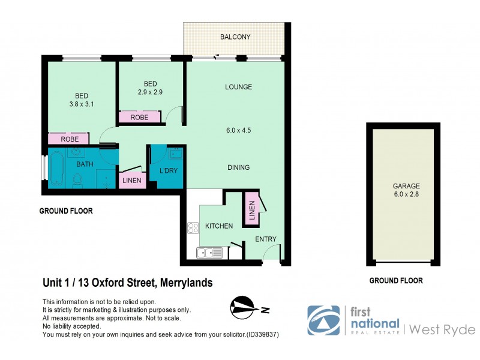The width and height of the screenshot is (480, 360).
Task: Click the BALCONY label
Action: pos(235,37)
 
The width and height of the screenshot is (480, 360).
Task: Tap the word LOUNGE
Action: pos(238,87)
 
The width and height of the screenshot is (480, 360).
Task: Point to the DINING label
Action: pos(238,167)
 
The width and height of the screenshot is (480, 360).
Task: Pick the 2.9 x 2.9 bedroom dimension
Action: pos(150,92)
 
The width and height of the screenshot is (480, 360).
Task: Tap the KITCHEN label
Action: pos(219,226)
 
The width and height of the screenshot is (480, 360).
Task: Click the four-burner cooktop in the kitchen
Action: pos(194,227)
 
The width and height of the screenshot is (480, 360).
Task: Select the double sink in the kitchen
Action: pos(209,253)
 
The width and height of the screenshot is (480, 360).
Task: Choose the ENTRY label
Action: pos(265,239)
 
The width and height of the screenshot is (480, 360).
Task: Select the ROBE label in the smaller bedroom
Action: pos(139,118)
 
